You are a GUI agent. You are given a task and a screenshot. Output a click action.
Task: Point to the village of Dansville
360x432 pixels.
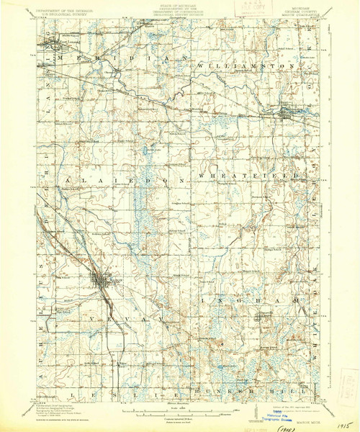coord(264,317)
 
